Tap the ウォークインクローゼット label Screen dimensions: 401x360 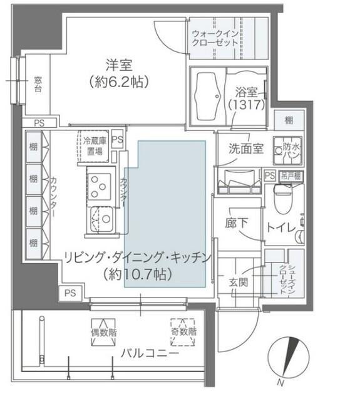[x=215, y=38]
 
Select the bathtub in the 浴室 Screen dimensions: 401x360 [x=207, y=93]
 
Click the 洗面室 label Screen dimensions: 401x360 [x=245, y=149]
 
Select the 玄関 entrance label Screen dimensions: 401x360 [x=239, y=282]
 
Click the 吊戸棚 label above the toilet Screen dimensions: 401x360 [x=288, y=176]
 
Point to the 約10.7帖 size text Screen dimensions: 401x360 [x=138, y=274]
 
